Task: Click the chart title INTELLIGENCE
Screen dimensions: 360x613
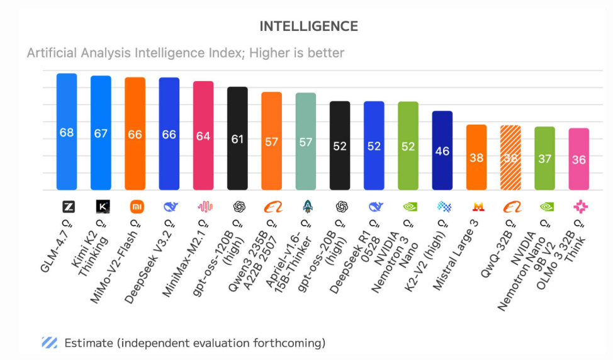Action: pos(308,26)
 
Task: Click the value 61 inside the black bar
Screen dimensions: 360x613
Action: pos(237,139)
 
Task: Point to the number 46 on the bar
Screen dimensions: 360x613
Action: pos(442,151)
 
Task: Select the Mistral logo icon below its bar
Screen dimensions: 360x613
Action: pos(476,206)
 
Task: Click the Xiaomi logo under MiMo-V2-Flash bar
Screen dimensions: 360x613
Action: pos(135,206)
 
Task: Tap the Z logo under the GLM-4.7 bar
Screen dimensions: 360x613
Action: pos(67,206)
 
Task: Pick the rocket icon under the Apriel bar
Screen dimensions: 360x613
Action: pos(305,206)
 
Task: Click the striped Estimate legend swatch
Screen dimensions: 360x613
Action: pos(50,342)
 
